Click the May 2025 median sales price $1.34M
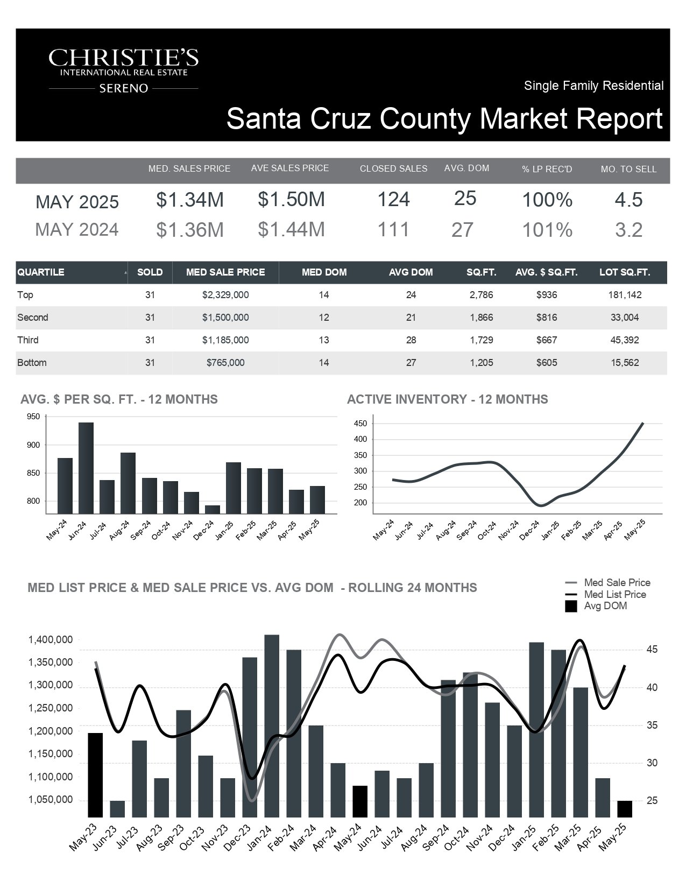pyautogui.click(x=190, y=200)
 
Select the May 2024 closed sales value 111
pyautogui.click(x=393, y=229)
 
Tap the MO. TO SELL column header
pyautogui.click(x=628, y=169)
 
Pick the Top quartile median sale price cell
pyautogui.click(x=225, y=294)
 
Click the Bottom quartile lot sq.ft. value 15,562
pyautogui.click(x=625, y=363)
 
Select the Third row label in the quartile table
pyautogui.click(x=28, y=340)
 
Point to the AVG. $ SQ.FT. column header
pyautogui.click(x=546, y=272)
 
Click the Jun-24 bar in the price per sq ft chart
pyautogui.click(x=86, y=468)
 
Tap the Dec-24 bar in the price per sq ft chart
pyautogui.click(x=213, y=510)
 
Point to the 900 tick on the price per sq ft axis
pyautogui.click(x=33, y=445)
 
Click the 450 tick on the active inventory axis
pyautogui.click(x=360, y=424)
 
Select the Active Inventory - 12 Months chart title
pyautogui.click(x=448, y=399)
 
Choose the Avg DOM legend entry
pyautogui.click(x=596, y=606)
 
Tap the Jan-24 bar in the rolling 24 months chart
pyautogui.click(x=272, y=726)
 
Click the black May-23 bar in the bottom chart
pyautogui.click(x=95, y=775)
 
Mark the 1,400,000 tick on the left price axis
pyautogui.click(x=50, y=639)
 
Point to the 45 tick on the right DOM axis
pyautogui.click(x=652, y=650)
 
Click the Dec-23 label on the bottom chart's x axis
pyautogui.click(x=238, y=837)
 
